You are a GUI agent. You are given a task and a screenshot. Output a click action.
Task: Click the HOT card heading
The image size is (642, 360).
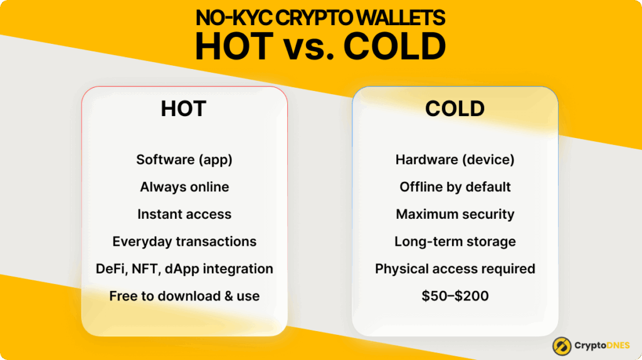(183, 109)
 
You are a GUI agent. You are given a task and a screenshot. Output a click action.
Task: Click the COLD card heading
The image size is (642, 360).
(455, 109)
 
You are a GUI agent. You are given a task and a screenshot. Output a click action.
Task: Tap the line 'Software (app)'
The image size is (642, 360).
(184, 159)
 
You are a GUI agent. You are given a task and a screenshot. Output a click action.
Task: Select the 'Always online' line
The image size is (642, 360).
(184, 187)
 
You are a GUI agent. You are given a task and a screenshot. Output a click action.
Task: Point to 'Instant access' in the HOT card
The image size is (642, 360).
(184, 214)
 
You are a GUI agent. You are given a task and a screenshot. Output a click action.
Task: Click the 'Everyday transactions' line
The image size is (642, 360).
(184, 241)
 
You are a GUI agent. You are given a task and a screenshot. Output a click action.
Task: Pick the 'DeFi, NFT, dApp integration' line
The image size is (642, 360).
(184, 268)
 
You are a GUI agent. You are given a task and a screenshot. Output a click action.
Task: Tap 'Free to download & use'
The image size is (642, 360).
(184, 296)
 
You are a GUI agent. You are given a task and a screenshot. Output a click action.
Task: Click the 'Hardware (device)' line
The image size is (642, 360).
(455, 159)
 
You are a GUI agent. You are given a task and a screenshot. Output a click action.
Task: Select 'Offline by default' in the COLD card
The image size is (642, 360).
(455, 187)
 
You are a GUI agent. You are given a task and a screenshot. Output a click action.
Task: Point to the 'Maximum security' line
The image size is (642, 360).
(455, 214)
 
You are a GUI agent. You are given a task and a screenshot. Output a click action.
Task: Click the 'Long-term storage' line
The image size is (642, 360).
(455, 241)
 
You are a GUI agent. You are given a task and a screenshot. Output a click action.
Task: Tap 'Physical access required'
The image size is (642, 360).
(455, 268)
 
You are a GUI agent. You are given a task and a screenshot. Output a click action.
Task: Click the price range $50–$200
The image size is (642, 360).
(455, 296)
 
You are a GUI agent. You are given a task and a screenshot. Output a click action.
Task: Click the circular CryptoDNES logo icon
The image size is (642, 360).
(561, 346)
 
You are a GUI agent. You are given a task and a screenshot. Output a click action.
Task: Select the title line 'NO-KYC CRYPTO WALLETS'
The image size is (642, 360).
(320, 18)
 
